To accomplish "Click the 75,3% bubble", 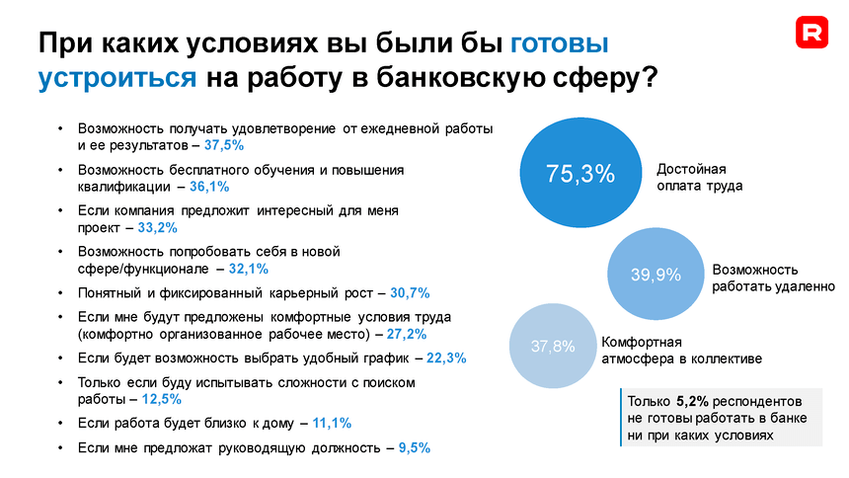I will pyautogui.click(x=580, y=174).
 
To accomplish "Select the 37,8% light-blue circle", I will pyautogui.click(x=553, y=347).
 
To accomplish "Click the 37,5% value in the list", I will pyautogui.click(x=224, y=144).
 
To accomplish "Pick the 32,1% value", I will pyautogui.click(x=249, y=268).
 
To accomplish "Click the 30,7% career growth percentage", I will pyautogui.click(x=411, y=293).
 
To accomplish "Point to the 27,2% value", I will pyautogui.click(x=407, y=334).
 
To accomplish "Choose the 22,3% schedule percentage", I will pyautogui.click(x=446, y=358).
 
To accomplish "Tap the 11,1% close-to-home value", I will pyautogui.click(x=332, y=423).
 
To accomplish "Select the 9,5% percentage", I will pyautogui.click(x=414, y=447).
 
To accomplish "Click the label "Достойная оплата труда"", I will pyautogui.click(x=700, y=177).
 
